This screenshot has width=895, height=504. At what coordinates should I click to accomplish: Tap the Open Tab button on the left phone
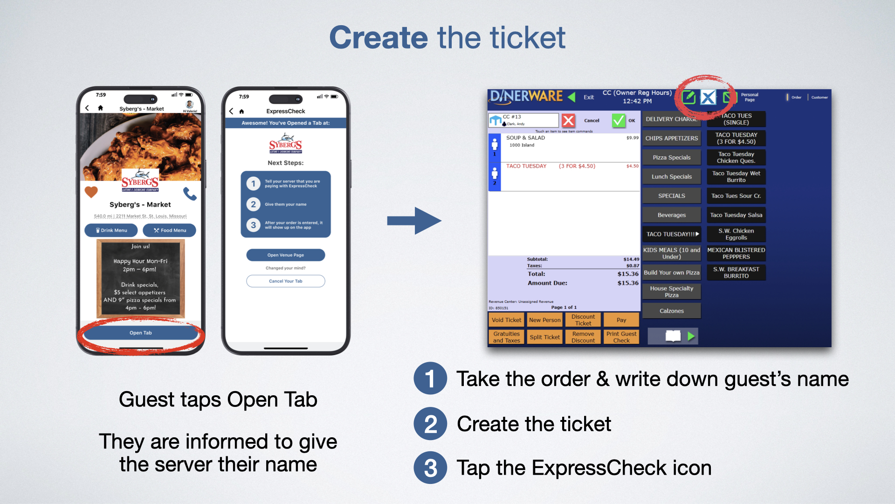(x=140, y=333)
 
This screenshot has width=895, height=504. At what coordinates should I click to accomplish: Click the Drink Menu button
(x=111, y=230)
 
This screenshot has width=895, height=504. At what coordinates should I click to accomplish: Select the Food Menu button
(x=170, y=230)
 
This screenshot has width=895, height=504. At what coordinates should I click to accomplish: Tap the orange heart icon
(x=91, y=191)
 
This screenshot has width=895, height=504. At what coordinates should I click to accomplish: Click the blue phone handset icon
(x=190, y=193)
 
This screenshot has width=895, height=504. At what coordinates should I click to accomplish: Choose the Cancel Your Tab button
(x=285, y=281)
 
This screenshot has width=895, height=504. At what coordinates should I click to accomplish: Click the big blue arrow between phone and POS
(x=414, y=221)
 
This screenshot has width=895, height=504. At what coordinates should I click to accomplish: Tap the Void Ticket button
(x=506, y=320)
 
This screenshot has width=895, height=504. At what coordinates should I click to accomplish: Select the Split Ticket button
(x=544, y=337)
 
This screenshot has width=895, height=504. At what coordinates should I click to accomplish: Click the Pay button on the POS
(x=621, y=320)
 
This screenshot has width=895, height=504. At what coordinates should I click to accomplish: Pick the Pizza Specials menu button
(x=671, y=157)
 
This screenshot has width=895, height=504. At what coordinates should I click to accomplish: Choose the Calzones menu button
(x=671, y=311)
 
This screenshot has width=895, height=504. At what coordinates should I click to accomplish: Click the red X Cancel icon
(x=568, y=120)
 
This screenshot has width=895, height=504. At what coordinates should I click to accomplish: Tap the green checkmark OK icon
(x=619, y=120)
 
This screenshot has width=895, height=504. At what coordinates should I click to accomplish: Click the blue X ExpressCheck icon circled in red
(x=708, y=98)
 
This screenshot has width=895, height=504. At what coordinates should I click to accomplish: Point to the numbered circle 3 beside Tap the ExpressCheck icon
(x=430, y=468)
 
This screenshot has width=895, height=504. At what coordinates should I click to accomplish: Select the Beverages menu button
(x=671, y=215)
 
